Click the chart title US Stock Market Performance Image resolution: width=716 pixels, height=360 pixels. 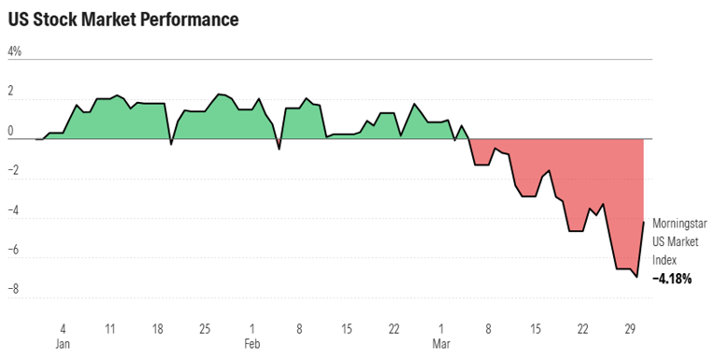[122, 19]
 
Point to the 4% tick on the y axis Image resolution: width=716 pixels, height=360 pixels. [14, 51]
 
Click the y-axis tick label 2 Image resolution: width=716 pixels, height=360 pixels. [11, 92]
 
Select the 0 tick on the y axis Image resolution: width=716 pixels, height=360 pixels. [11, 132]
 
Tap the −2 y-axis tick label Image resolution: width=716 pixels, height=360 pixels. [14, 171]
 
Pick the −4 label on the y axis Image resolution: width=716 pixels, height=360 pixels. [14, 211]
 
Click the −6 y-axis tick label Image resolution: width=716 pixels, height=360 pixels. [14, 251]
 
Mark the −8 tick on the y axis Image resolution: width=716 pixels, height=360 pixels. [14, 291]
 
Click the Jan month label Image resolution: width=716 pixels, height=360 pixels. [63, 344]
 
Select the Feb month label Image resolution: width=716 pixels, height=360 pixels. [252, 344]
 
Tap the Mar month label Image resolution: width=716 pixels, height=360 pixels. [441, 344]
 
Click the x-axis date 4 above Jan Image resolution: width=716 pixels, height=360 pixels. [63, 329]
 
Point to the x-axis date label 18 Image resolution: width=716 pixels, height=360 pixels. [157, 329]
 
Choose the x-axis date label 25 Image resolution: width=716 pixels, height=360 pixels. [205, 329]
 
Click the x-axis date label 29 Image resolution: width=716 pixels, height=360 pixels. [631, 329]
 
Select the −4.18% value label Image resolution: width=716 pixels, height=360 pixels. [672, 279]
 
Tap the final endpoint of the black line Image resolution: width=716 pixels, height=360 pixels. [643, 222]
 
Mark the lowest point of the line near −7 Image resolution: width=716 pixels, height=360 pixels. [637, 277]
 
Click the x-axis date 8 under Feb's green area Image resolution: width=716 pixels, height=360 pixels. [299, 329]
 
